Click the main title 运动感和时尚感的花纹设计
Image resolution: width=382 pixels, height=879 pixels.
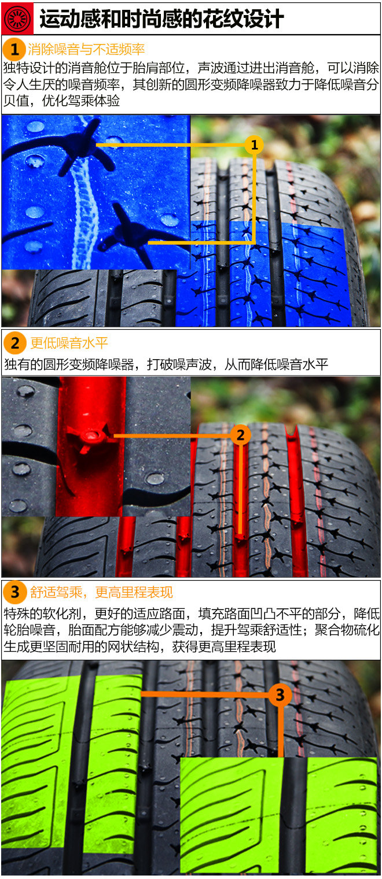point(161,19)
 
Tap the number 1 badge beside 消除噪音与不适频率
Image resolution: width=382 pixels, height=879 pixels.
point(14,49)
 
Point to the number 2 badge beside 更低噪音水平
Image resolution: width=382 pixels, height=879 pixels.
point(14,343)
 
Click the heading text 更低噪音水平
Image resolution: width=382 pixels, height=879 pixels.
point(69,343)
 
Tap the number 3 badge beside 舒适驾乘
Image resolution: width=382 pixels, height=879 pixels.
point(14,592)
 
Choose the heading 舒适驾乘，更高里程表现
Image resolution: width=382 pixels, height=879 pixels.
point(101,593)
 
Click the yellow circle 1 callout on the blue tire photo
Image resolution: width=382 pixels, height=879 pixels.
point(254,145)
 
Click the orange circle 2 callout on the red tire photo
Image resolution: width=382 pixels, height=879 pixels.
point(241,435)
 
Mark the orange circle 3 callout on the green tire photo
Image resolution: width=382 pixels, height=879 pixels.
point(280,694)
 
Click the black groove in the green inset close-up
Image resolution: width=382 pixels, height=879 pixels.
point(293,815)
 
